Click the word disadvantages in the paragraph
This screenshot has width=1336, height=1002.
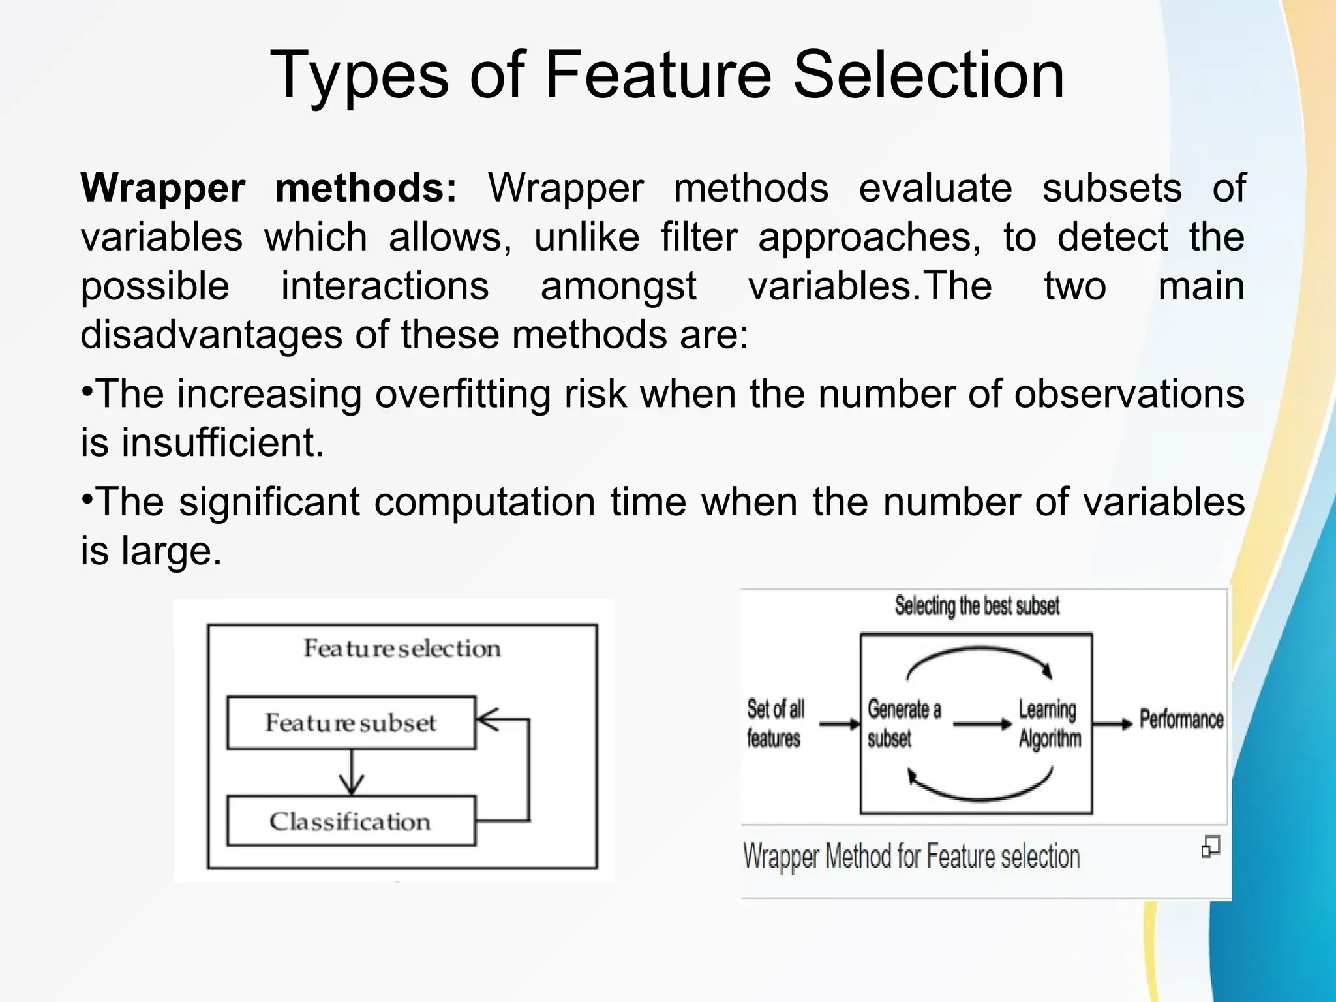[x=211, y=335]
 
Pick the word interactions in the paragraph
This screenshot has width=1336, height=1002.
[x=385, y=286]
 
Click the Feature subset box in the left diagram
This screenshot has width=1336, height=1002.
[x=351, y=723]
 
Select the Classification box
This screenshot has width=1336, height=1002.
[x=351, y=821]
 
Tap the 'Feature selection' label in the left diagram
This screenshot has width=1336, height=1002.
[x=402, y=648]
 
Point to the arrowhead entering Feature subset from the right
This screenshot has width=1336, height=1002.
[x=487, y=720]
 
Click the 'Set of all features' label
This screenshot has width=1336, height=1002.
[x=775, y=723]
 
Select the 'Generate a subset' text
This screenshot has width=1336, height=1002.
[x=903, y=723]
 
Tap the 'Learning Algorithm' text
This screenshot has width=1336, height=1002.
[x=1049, y=723]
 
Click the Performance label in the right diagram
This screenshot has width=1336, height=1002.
[x=1181, y=719]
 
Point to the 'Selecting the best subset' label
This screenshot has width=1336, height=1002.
[x=977, y=606]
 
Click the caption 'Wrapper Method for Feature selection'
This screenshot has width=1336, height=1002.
[x=911, y=857]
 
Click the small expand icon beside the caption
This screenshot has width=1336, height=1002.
[x=1210, y=847]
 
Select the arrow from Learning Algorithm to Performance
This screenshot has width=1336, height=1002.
[x=1112, y=723]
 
